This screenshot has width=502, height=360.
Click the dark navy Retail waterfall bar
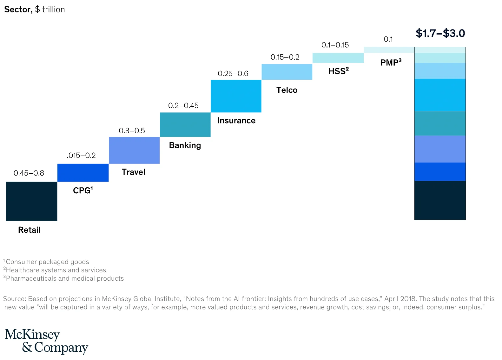click(31, 201)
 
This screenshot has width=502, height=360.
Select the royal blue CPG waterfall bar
click(83, 173)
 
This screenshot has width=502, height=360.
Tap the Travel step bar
click(134, 150)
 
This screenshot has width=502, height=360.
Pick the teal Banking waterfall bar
click(185, 124)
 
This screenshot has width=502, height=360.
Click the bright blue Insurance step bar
click(236, 96)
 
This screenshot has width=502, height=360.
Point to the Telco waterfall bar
click(287, 72)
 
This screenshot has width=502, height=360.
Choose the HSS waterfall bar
click(338, 58)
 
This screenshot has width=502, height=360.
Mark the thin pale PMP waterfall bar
click(389, 50)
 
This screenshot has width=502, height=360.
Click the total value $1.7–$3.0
click(440, 33)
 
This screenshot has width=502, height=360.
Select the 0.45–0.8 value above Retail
click(29, 173)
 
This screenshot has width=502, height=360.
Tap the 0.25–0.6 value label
click(233, 74)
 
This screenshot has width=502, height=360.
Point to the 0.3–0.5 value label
click(132, 130)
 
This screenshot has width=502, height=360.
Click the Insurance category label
click(236, 121)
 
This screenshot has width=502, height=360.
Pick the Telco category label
click(287, 90)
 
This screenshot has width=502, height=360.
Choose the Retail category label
click(29, 230)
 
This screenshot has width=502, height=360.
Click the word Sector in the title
click(18, 10)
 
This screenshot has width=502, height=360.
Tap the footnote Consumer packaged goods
click(47, 262)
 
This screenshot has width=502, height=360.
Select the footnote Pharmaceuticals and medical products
click(65, 278)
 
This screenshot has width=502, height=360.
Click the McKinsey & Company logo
click(46, 341)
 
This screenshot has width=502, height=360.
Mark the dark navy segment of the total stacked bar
click(440, 200)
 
